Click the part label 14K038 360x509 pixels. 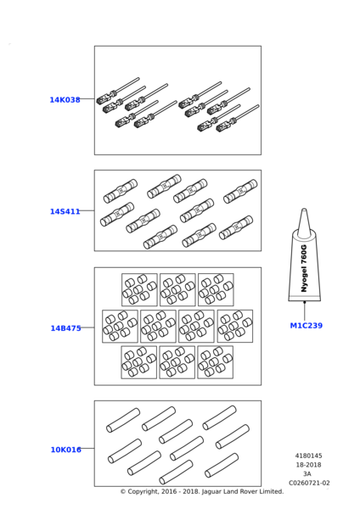(65, 99)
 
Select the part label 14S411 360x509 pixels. (65, 211)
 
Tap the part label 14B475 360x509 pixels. (65, 328)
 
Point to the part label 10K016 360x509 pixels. (65, 450)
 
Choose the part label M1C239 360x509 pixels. (306, 325)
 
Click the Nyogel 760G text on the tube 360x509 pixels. (304, 268)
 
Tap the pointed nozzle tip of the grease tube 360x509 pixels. (304, 210)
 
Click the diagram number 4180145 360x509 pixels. (308, 456)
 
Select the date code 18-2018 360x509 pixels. (308, 465)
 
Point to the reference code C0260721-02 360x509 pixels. (309, 483)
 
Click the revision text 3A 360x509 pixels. (307, 474)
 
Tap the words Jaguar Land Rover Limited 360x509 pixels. (242, 491)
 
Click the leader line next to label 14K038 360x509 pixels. (87, 98)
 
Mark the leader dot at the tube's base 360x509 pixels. (305, 302)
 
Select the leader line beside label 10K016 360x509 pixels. (87, 448)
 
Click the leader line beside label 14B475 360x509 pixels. (87, 327)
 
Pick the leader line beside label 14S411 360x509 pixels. (87, 210)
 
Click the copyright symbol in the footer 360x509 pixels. (123, 491)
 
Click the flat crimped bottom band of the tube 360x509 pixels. (305, 298)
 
